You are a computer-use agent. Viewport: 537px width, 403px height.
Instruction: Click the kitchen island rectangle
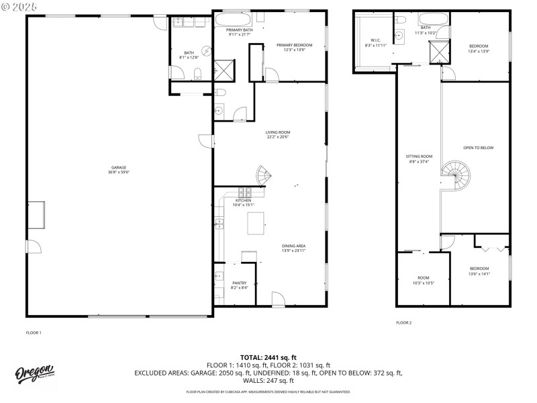pyautogui.click(x=256, y=223)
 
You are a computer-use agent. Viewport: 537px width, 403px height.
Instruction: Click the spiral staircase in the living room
pyautogui.click(x=264, y=176)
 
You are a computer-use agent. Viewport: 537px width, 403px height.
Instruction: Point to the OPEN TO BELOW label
pyautogui.click(x=478, y=148)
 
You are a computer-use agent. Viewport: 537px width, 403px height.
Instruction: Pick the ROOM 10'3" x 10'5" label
pyautogui.click(x=423, y=279)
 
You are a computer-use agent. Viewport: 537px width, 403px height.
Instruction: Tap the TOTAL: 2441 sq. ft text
pyautogui.click(x=268, y=357)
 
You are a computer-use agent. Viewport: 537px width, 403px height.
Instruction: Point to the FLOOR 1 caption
pyautogui.click(x=34, y=332)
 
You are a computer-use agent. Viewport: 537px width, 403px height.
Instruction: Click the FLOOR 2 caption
pyautogui.click(x=403, y=322)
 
